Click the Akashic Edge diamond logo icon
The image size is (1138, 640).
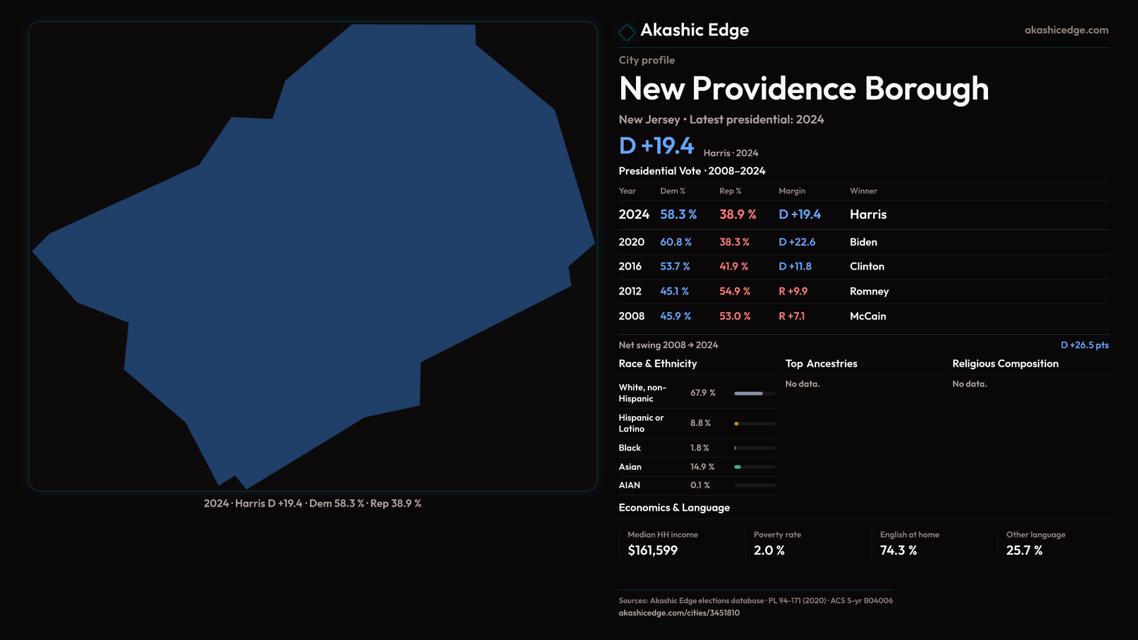click(x=626, y=32)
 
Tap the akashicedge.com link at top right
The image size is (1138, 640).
click(x=1066, y=30)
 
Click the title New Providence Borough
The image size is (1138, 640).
click(x=803, y=89)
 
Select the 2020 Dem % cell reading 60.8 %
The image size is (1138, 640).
click(x=676, y=242)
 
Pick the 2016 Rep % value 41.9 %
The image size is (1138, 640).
click(x=734, y=267)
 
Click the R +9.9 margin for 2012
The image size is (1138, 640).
click(x=792, y=292)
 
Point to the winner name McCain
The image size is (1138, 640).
click(x=868, y=316)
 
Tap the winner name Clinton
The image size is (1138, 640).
click(x=867, y=267)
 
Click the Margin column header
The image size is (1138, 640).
click(x=792, y=191)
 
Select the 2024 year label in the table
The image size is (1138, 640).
click(x=634, y=215)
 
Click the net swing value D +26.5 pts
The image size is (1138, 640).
click(x=1084, y=345)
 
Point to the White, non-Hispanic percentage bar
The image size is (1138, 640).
click(x=755, y=393)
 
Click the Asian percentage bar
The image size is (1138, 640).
click(x=755, y=467)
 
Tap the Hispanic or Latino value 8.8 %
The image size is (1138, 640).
click(x=700, y=423)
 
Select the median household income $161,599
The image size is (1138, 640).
click(x=653, y=551)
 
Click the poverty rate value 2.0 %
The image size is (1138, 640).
click(x=769, y=551)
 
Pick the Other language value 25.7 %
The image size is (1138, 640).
click(x=1024, y=551)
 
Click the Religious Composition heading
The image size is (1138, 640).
click(x=1005, y=364)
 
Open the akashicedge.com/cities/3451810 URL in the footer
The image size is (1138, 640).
click(x=679, y=613)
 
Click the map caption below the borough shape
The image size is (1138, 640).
click(x=312, y=504)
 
